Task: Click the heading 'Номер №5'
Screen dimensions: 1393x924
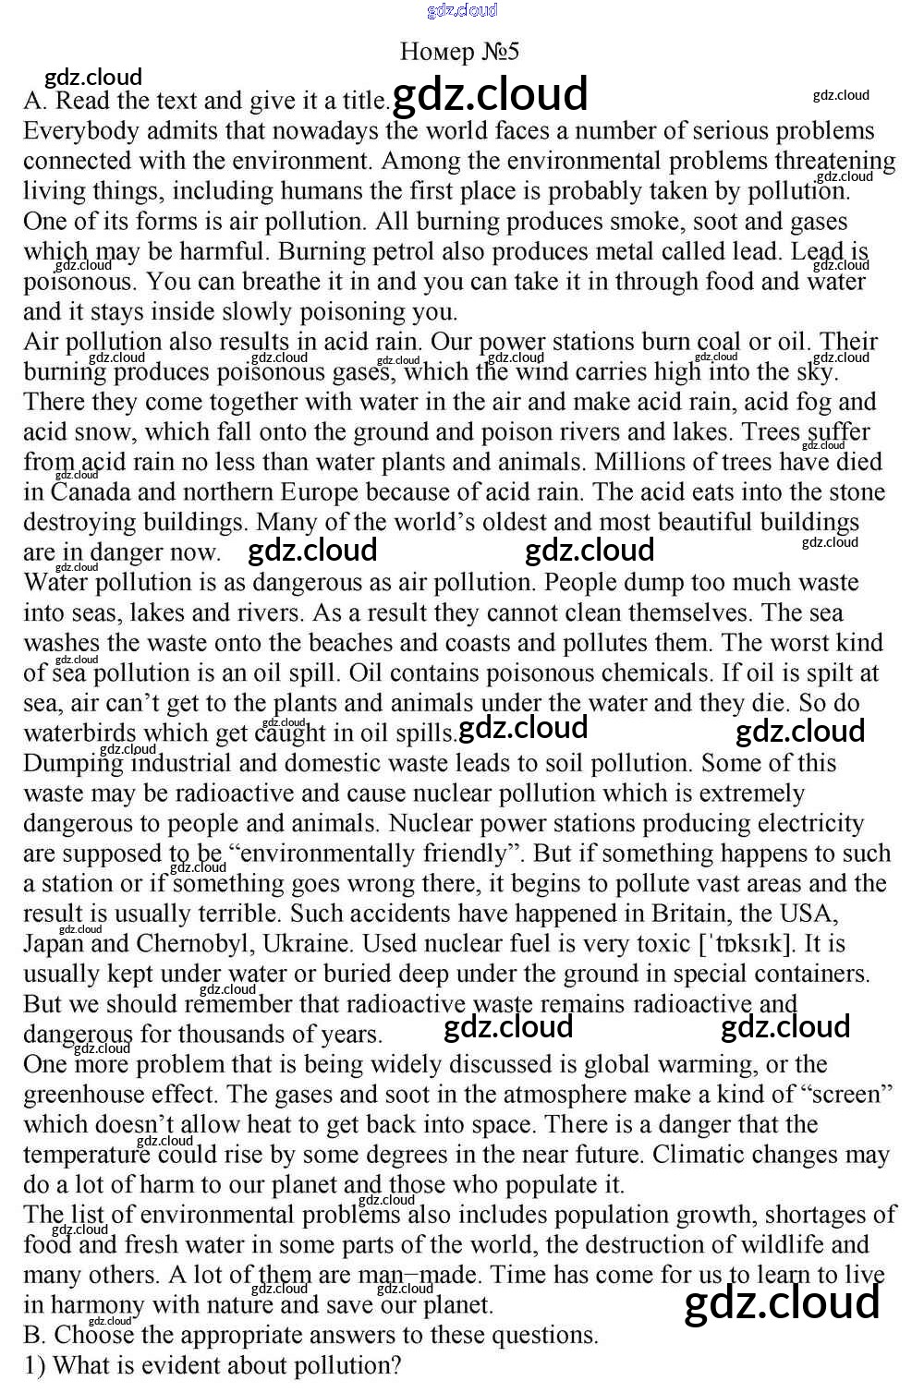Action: pyautogui.click(x=459, y=52)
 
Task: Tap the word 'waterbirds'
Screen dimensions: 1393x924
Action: pyautogui.click(x=79, y=733)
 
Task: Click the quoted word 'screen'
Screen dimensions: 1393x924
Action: pyautogui.click(x=848, y=1095)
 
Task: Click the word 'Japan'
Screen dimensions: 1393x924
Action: pyautogui.click(x=52, y=944)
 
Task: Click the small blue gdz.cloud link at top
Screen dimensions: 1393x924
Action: pyautogui.click(x=462, y=10)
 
